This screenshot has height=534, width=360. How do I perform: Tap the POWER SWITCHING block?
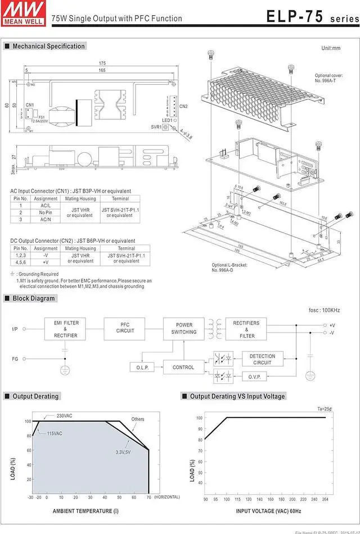tap(184, 328)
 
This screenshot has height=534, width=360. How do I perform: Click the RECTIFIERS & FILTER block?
tap(246, 329)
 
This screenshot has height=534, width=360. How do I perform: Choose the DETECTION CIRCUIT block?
tap(262, 359)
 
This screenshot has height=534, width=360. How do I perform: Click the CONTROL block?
tap(183, 368)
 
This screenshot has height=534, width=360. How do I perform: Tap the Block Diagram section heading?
tap(34, 298)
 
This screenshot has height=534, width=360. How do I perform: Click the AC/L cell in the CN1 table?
tap(46, 206)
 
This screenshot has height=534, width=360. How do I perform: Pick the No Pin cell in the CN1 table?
tap(46, 212)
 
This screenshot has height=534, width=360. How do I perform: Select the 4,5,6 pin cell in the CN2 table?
tap(21, 262)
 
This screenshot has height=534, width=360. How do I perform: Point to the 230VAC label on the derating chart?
tap(65, 416)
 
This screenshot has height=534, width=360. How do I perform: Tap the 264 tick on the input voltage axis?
tap(326, 500)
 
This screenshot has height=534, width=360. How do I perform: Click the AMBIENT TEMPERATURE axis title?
tap(85, 511)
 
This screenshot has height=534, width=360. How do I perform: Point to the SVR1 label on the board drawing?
tap(155, 127)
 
